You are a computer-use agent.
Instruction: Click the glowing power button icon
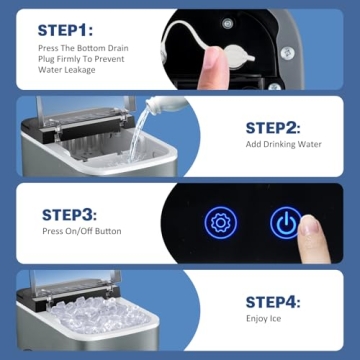coord(286,223)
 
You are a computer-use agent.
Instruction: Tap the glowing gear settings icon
coord(219,223)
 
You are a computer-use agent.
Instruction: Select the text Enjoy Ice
coord(264,321)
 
